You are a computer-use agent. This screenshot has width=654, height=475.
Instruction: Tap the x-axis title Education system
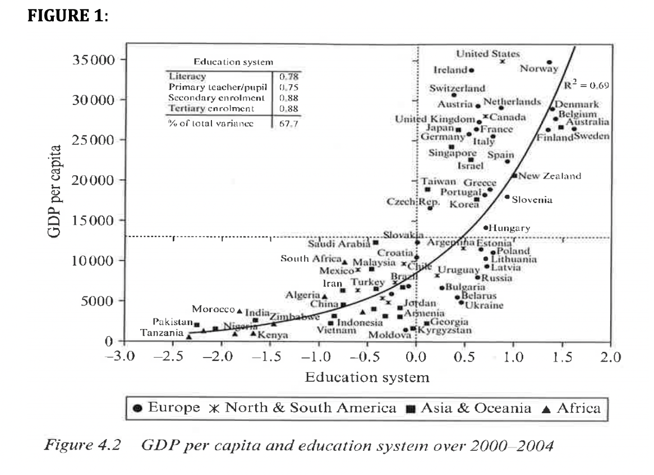367,377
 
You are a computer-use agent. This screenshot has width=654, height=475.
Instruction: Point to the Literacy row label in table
187,76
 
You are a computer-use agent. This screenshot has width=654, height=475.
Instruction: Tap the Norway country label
539,69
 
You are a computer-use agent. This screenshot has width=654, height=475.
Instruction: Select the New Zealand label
550,176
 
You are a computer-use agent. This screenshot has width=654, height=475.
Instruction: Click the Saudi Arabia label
339,244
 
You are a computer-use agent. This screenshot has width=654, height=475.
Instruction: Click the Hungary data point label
509,228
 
